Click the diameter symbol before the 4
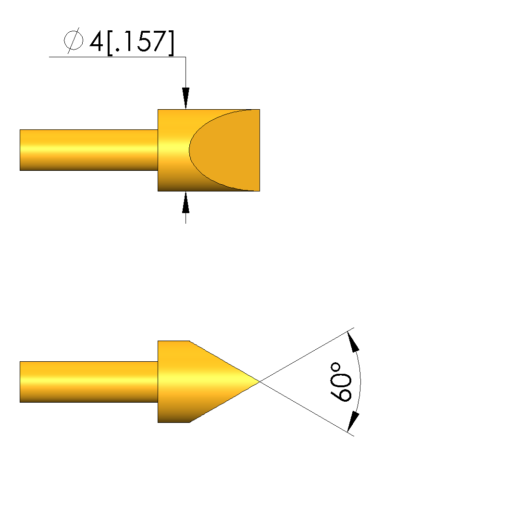click(74, 40)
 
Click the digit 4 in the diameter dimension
click(96, 41)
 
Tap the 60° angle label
click(341, 382)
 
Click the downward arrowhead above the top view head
click(186, 98)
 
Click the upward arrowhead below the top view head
click(186, 203)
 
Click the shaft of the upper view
click(89, 150)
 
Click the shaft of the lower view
click(89, 382)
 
